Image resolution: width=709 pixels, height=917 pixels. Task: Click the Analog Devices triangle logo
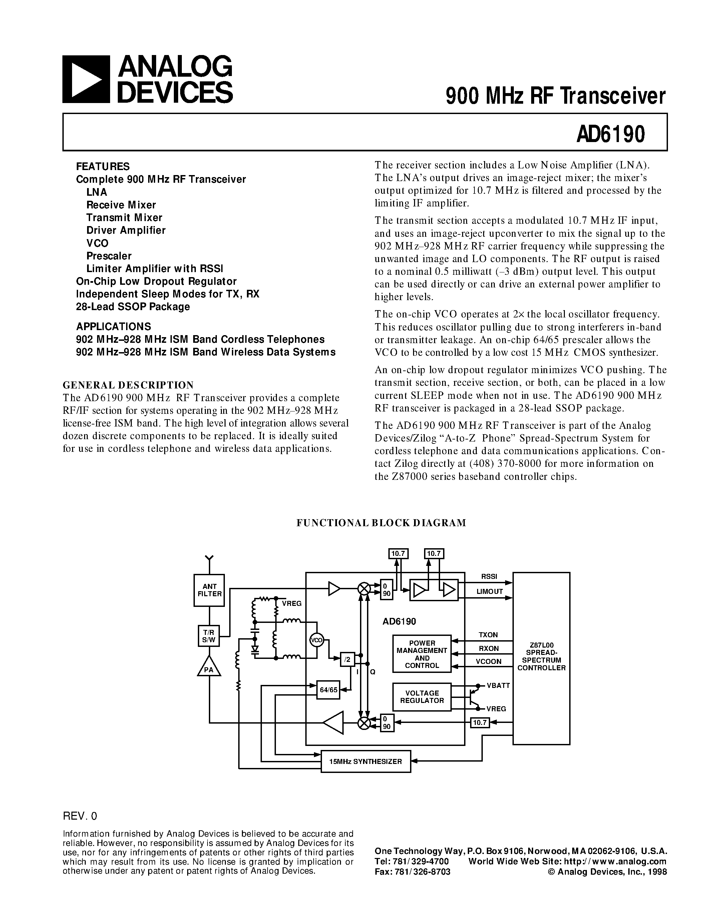pyautogui.click(x=86, y=79)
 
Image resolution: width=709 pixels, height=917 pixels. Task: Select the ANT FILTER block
pyautogui.click(x=209, y=590)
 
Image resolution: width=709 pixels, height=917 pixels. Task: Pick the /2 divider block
pyautogui.click(x=347, y=659)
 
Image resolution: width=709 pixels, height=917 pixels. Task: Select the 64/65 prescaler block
pyautogui.click(x=328, y=690)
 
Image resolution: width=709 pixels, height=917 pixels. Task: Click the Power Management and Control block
pyautogui.click(x=422, y=654)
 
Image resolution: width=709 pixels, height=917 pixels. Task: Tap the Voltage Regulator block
pyautogui.click(x=422, y=697)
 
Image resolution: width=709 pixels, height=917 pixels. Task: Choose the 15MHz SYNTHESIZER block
pyautogui.click(x=365, y=761)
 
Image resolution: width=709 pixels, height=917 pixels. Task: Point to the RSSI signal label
pyautogui.click(x=489, y=577)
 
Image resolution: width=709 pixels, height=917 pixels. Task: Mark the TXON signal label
pyautogui.click(x=488, y=635)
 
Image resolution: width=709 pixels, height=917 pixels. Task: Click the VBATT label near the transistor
pyautogui.click(x=498, y=685)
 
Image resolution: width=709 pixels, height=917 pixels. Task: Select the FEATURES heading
pyautogui.click(x=103, y=166)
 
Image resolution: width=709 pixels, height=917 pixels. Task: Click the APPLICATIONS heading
pyautogui.click(x=113, y=326)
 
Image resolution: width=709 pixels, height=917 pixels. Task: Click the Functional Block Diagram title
pyautogui.click(x=381, y=523)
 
